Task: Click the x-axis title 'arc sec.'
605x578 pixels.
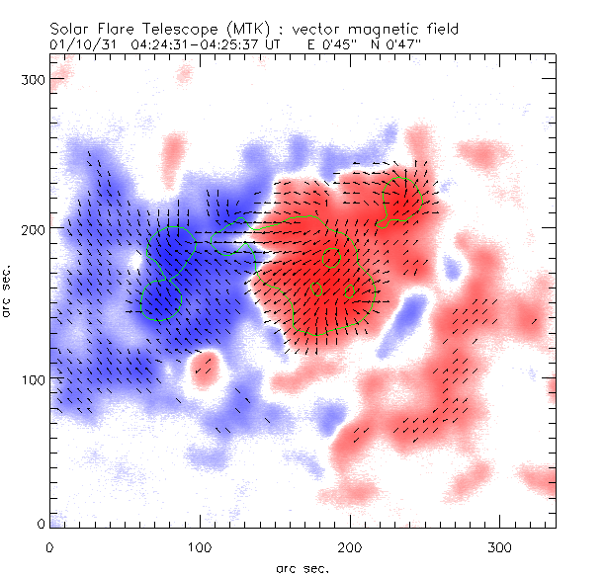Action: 302,567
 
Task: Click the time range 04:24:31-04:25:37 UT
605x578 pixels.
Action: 216,45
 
